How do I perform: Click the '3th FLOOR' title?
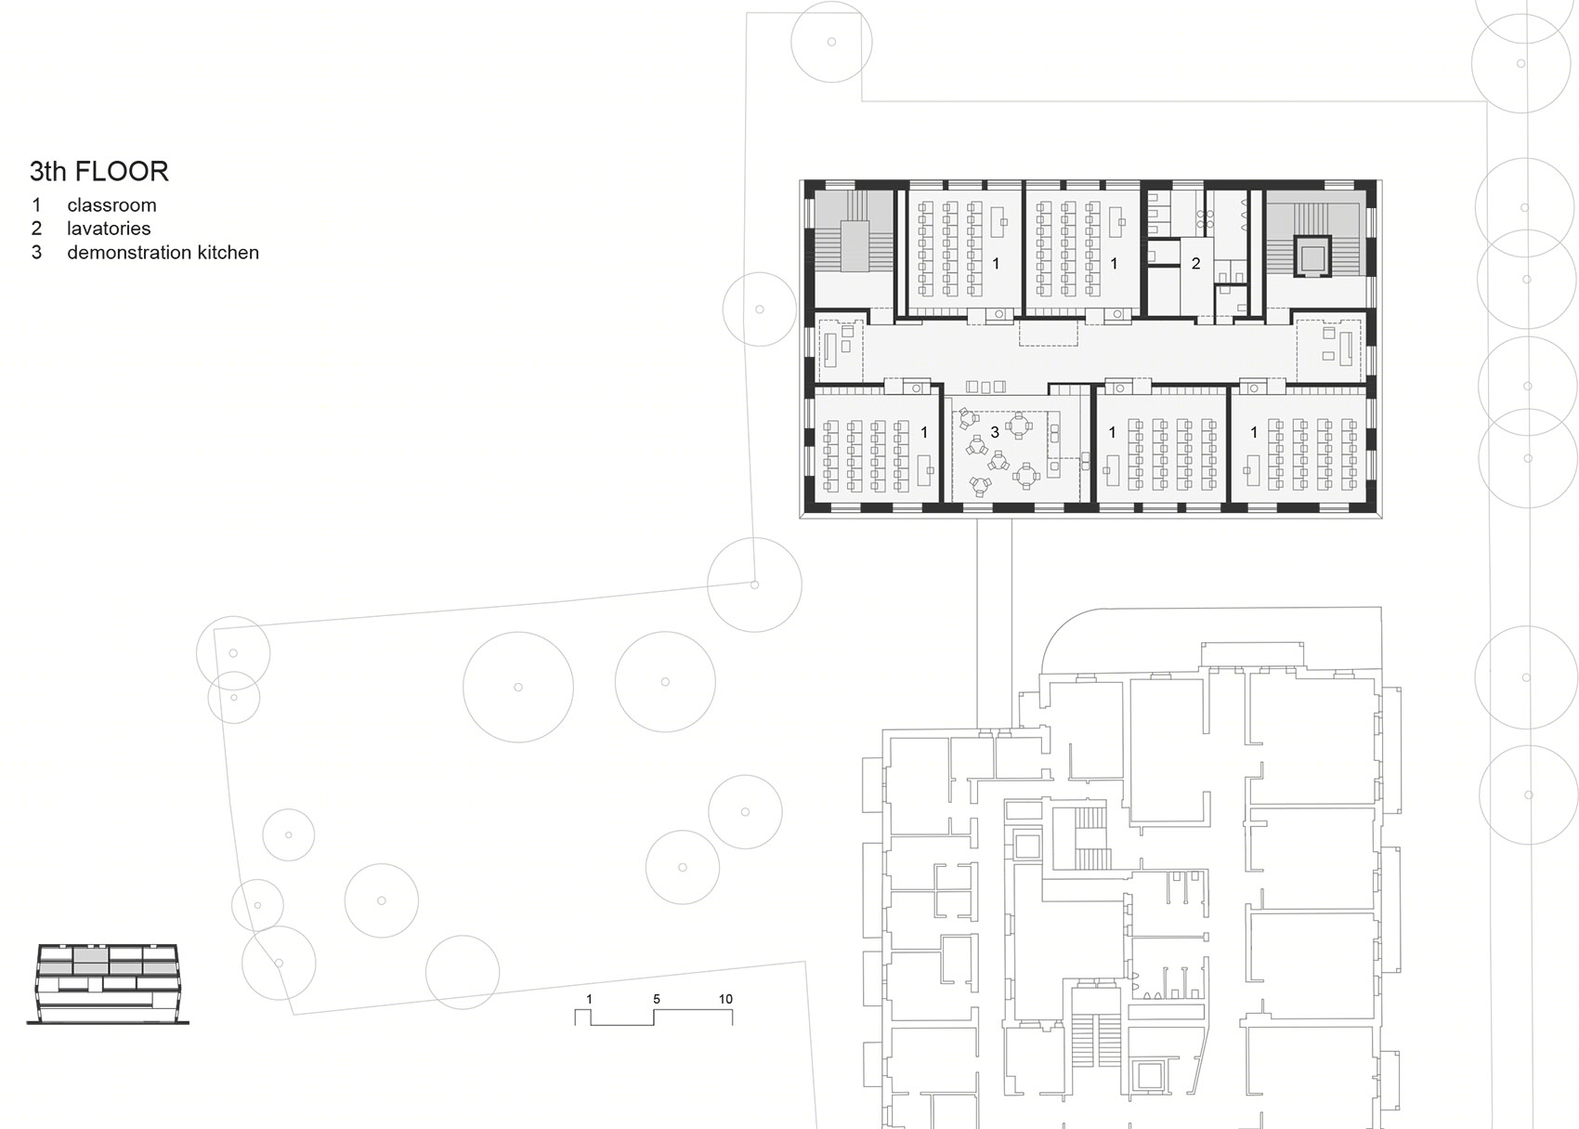(98, 171)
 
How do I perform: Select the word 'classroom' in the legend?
(111, 205)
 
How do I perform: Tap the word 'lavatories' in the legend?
(109, 229)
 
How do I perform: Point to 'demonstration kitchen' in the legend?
(163, 253)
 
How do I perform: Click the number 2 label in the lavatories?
(1195, 263)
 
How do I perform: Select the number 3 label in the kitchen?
(995, 431)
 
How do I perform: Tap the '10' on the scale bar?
(725, 999)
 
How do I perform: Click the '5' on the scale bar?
(657, 999)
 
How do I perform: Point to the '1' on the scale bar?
(589, 999)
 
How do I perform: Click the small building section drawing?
(108, 983)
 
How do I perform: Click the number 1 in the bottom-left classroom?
(924, 431)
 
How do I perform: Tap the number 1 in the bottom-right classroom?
(1253, 431)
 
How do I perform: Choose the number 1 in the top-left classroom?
(996, 263)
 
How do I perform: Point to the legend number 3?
(36, 253)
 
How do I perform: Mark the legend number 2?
(36, 229)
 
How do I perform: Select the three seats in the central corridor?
(985, 387)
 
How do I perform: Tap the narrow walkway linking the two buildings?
(994, 622)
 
